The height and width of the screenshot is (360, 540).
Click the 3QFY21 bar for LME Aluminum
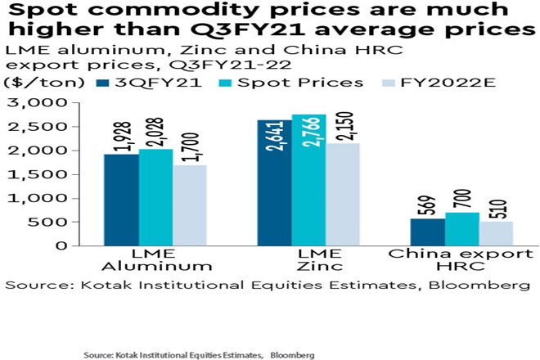120,200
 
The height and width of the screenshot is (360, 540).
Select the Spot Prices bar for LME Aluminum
155,197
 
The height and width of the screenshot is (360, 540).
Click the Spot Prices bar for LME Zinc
308,180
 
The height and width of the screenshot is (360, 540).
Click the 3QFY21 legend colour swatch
104,83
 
